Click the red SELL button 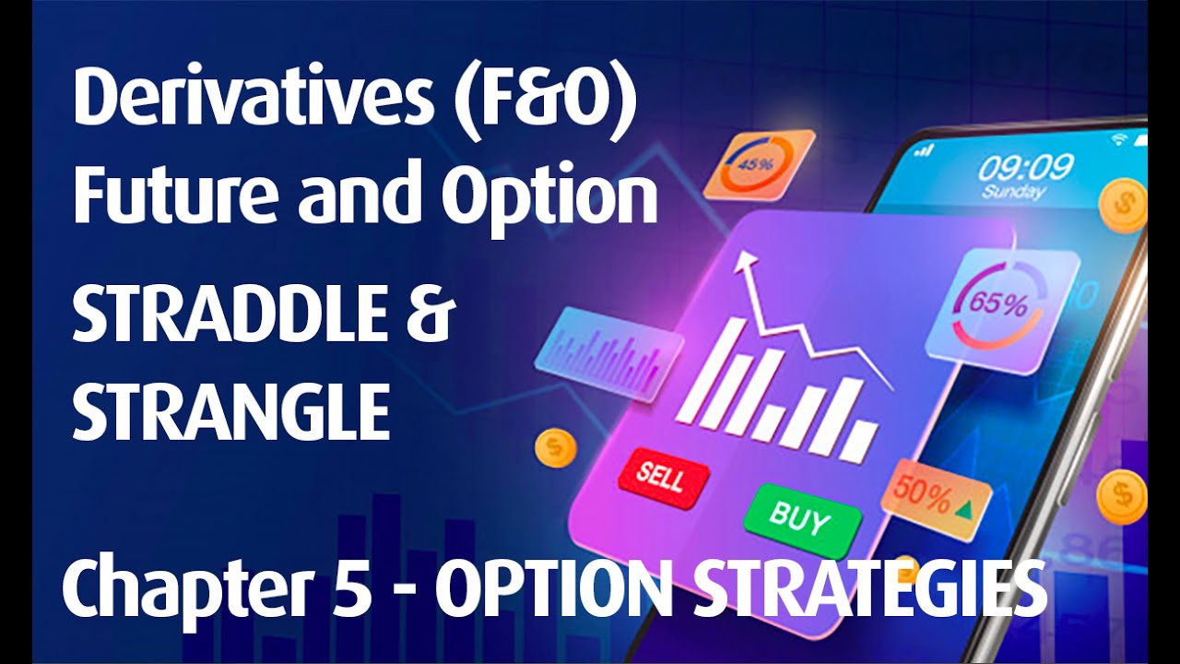pos(663,477)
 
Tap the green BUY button pos(799,517)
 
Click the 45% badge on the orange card pos(759,165)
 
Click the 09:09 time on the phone pos(1025,167)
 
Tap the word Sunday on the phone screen pos(1013,193)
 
